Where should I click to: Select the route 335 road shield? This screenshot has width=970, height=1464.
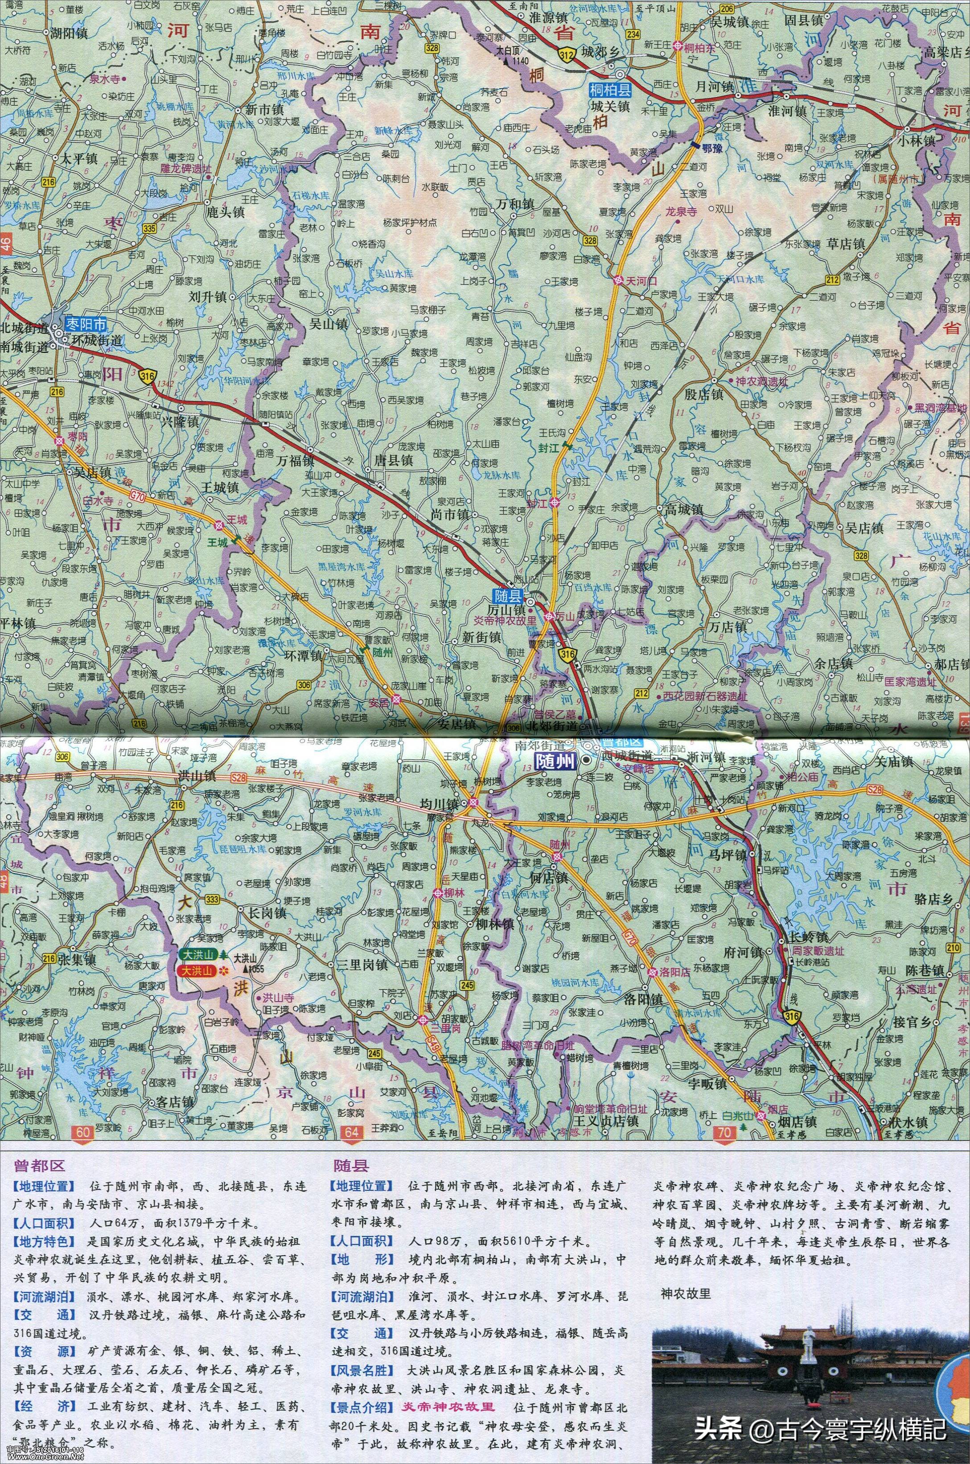tap(148, 228)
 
